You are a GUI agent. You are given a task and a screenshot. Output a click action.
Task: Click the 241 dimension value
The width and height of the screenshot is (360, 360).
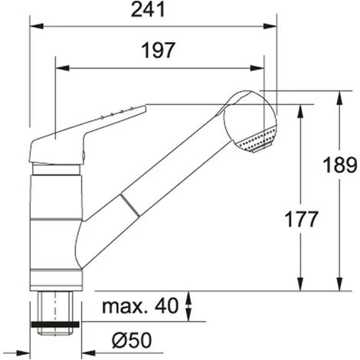pos(148,10)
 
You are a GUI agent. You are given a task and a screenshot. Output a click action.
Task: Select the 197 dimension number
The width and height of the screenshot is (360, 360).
pos(159,51)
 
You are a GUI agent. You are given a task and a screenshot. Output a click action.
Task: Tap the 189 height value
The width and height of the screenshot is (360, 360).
pos(339,165)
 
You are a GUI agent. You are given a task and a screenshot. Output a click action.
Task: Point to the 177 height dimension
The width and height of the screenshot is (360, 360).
pos(301,219)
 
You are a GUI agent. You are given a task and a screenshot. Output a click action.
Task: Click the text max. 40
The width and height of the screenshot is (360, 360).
pos(140,306)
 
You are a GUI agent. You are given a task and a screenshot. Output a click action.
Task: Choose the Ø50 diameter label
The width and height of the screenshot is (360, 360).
pos(132,340)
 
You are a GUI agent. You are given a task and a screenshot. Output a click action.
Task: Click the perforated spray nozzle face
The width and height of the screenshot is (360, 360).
pos(257,140)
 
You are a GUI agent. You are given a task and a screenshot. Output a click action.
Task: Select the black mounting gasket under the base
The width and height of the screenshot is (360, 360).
pos(55,324)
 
